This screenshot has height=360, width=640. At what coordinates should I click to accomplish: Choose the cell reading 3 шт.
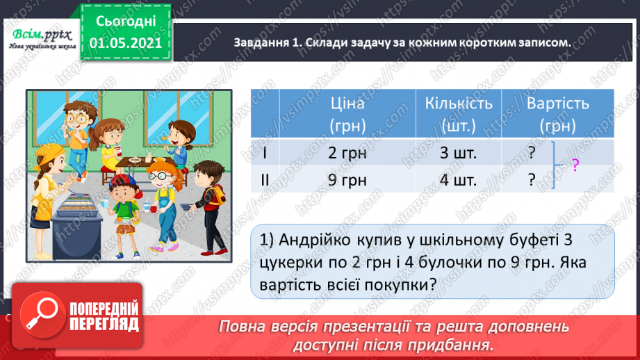point(459,152)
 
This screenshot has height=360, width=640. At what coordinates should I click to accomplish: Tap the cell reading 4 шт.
point(459,180)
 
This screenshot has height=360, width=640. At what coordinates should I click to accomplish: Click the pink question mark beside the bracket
point(575,165)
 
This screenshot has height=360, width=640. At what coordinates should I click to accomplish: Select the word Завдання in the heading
point(263,43)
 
